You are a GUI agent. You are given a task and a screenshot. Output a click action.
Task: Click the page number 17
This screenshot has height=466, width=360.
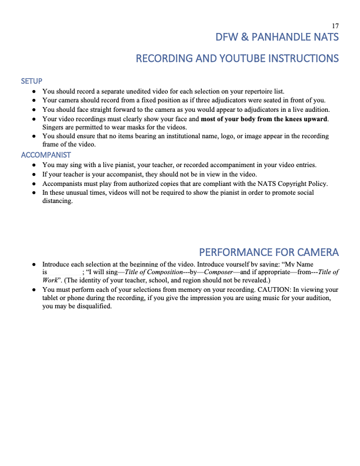click(335, 26)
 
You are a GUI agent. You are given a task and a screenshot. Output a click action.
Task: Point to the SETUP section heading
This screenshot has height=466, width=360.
click(31, 81)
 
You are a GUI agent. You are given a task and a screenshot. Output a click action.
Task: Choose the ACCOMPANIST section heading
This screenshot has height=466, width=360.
click(46, 155)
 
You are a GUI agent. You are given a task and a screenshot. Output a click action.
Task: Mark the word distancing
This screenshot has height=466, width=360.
click(58, 201)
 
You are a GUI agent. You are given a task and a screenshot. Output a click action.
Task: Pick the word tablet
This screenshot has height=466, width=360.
click(52, 299)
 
